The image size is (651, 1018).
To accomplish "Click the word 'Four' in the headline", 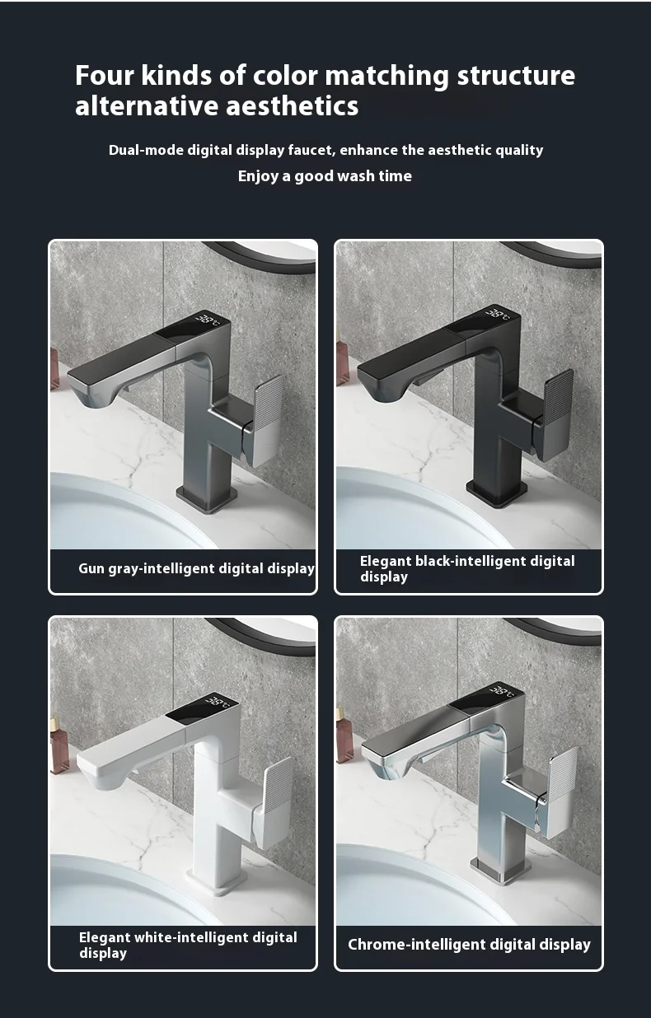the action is [x=104, y=75].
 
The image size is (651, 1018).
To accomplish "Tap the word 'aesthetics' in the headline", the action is [x=292, y=106].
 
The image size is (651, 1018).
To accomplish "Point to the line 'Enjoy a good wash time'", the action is [x=325, y=176].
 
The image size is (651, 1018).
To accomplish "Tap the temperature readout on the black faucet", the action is [x=499, y=314].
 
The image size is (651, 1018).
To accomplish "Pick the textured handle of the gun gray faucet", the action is [x=269, y=420].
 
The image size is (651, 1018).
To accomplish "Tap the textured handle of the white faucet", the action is [x=275, y=802].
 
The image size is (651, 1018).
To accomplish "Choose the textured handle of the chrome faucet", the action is [x=561, y=792].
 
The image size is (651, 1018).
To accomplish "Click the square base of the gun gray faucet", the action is [x=207, y=497].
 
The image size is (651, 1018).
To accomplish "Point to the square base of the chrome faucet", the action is [x=500, y=871].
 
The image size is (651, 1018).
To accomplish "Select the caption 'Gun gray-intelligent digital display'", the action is [x=196, y=568].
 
